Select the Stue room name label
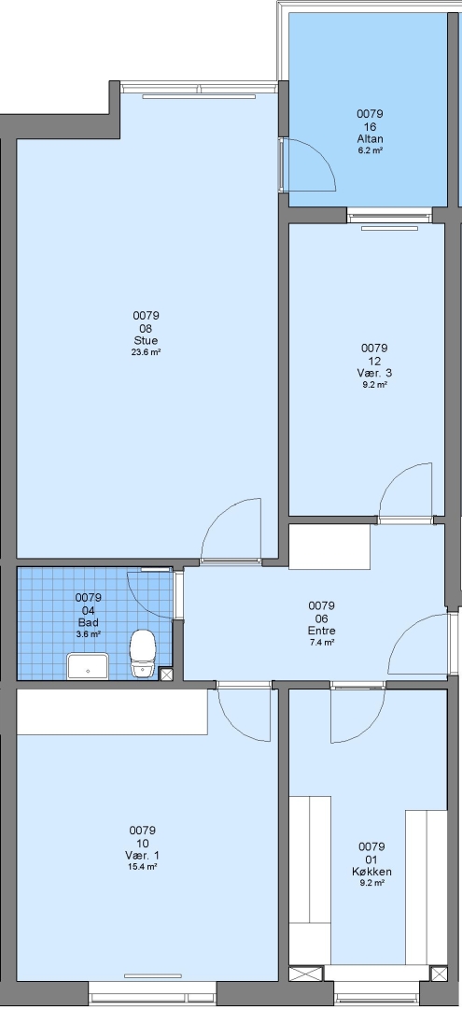pyautogui.click(x=146, y=340)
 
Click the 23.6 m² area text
pyautogui.click(x=146, y=352)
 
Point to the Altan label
pyautogui.click(x=371, y=139)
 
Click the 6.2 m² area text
pyautogui.click(x=371, y=150)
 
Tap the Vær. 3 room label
pyautogui.click(x=374, y=373)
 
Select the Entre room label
pyautogui.click(x=322, y=631)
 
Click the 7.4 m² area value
pyautogui.click(x=322, y=642)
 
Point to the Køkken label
pyautogui.click(x=371, y=872)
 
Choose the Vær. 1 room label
pyautogui.click(x=142, y=855)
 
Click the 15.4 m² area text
pyautogui.click(x=142, y=867)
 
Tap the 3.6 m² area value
pyautogui.click(x=88, y=633)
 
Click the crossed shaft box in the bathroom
pyautogui.click(x=166, y=675)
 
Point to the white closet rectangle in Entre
pyautogui.click(x=329, y=547)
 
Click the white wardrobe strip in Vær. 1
pyautogui.click(x=112, y=712)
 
